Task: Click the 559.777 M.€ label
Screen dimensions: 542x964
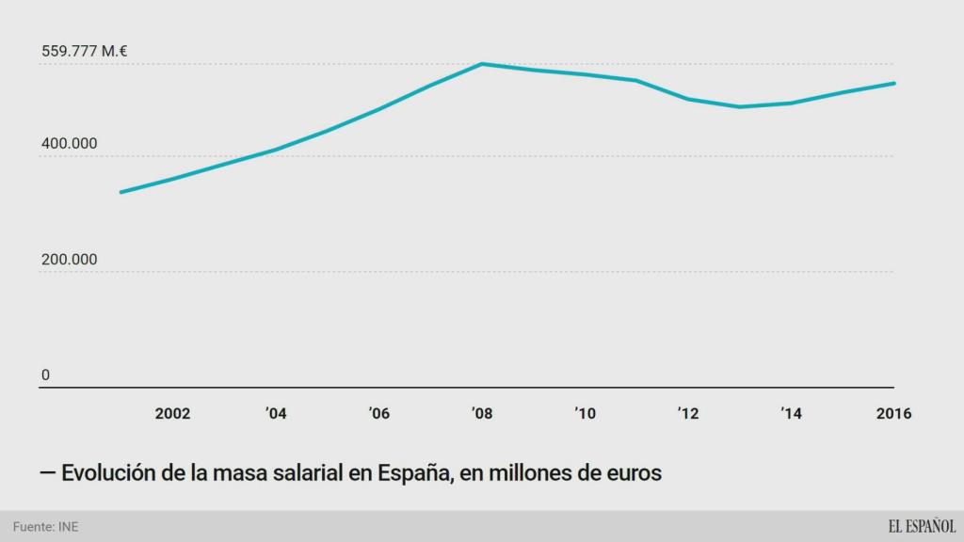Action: (85, 52)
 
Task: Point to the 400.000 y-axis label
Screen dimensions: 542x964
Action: (69, 144)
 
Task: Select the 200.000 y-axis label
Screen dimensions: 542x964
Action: (69, 260)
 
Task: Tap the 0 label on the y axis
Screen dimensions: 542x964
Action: (45, 375)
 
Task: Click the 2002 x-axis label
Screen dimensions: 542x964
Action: (172, 414)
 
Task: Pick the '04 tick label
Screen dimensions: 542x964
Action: (276, 414)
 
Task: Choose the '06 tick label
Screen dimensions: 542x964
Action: (378, 414)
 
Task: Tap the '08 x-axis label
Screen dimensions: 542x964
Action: (482, 414)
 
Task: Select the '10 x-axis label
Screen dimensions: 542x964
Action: (585, 414)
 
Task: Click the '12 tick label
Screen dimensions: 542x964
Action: (688, 414)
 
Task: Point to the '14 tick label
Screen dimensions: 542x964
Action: (791, 414)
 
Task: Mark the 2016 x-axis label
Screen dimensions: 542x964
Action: (893, 414)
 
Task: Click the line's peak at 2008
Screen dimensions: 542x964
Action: (482, 64)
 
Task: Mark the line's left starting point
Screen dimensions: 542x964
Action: (120, 192)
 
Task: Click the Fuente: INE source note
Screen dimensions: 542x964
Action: (46, 527)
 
